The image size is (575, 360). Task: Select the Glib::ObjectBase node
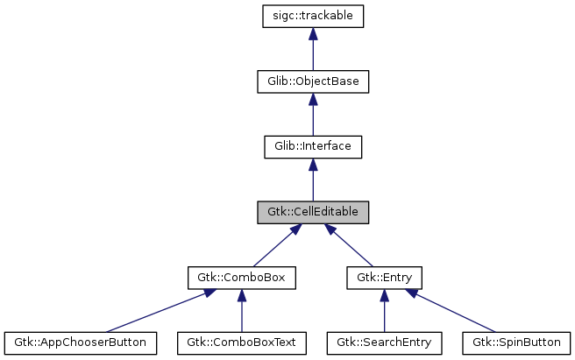[313, 81]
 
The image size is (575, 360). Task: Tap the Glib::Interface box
[313, 146]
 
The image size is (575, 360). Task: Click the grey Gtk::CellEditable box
[313, 212]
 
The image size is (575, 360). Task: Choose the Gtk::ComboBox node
[241, 278]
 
